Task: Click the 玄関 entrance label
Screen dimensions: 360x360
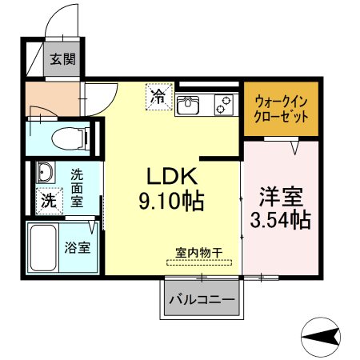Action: (x=63, y=59)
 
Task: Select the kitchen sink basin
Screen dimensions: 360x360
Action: (x=188, y=105)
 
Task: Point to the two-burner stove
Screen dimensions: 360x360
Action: (x=224, y=105)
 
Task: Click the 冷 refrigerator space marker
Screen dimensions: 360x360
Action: (x=159, y=97)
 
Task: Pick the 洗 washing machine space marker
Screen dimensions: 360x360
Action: (x=49, y=201)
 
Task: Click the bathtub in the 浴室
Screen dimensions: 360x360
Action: (x=43, y=248)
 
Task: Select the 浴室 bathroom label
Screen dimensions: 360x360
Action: (x=77, y=247)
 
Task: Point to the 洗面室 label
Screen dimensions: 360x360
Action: (x=77, y=188)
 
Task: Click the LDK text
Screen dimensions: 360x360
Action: (x=173, y=176)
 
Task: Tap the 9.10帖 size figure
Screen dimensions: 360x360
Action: (x=171, y=201)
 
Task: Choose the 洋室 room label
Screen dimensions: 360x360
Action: (x=282, y=197)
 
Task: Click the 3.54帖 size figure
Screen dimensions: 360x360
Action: (x=281, y=220)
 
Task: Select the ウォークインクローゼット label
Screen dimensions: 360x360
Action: (x=282, y=110)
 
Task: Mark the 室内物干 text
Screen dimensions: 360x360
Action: (x=198, y=253)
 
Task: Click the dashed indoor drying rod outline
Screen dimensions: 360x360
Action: (x=199, y=262)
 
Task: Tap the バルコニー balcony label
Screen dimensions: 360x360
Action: (x=202, y=300)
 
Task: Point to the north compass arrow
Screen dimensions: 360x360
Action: (x=321, y=337)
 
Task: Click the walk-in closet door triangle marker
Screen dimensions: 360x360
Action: (x=294, y=148)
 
